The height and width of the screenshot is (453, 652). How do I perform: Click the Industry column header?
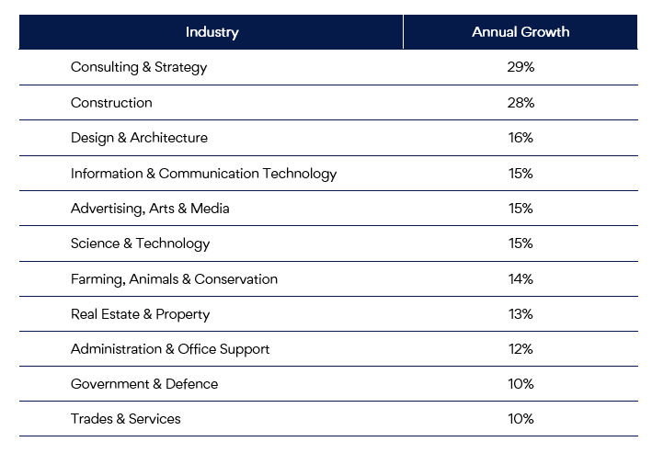[x=212, y=32]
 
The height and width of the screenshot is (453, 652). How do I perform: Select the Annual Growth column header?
[x=520, y=32]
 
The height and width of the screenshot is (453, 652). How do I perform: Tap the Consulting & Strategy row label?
[x=139, y=67]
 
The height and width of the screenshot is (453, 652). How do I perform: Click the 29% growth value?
[x=520, y=67]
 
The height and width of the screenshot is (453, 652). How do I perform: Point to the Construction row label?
[x=111, y=102]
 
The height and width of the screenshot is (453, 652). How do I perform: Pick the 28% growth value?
[x=520, y=102]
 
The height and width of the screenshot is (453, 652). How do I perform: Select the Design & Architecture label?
[x=139, y=138]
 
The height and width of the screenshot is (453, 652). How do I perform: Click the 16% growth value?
[x=520, y=138]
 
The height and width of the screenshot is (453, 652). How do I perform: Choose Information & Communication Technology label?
[x=203, y=173]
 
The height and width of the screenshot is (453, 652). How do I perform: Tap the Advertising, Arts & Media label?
[x=150, y=209]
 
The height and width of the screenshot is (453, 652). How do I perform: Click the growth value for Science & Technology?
[x=520, y=243]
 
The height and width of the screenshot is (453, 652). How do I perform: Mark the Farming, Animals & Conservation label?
[x=174, y=278]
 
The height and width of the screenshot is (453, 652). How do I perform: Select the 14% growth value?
[x=520, y=278]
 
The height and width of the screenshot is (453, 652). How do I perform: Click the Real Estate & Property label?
[x=140, y=314]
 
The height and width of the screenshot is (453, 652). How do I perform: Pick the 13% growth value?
[x=520, y=314]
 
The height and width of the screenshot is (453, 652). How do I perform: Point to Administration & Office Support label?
[x=170, y=349]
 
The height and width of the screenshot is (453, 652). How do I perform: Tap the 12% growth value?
[x=520, y=349]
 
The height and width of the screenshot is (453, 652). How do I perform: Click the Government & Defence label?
[x=144, y=384]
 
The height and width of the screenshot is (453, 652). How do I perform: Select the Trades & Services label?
[x=126, y=419]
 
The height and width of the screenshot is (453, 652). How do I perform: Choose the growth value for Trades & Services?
[x=520, y=419]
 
